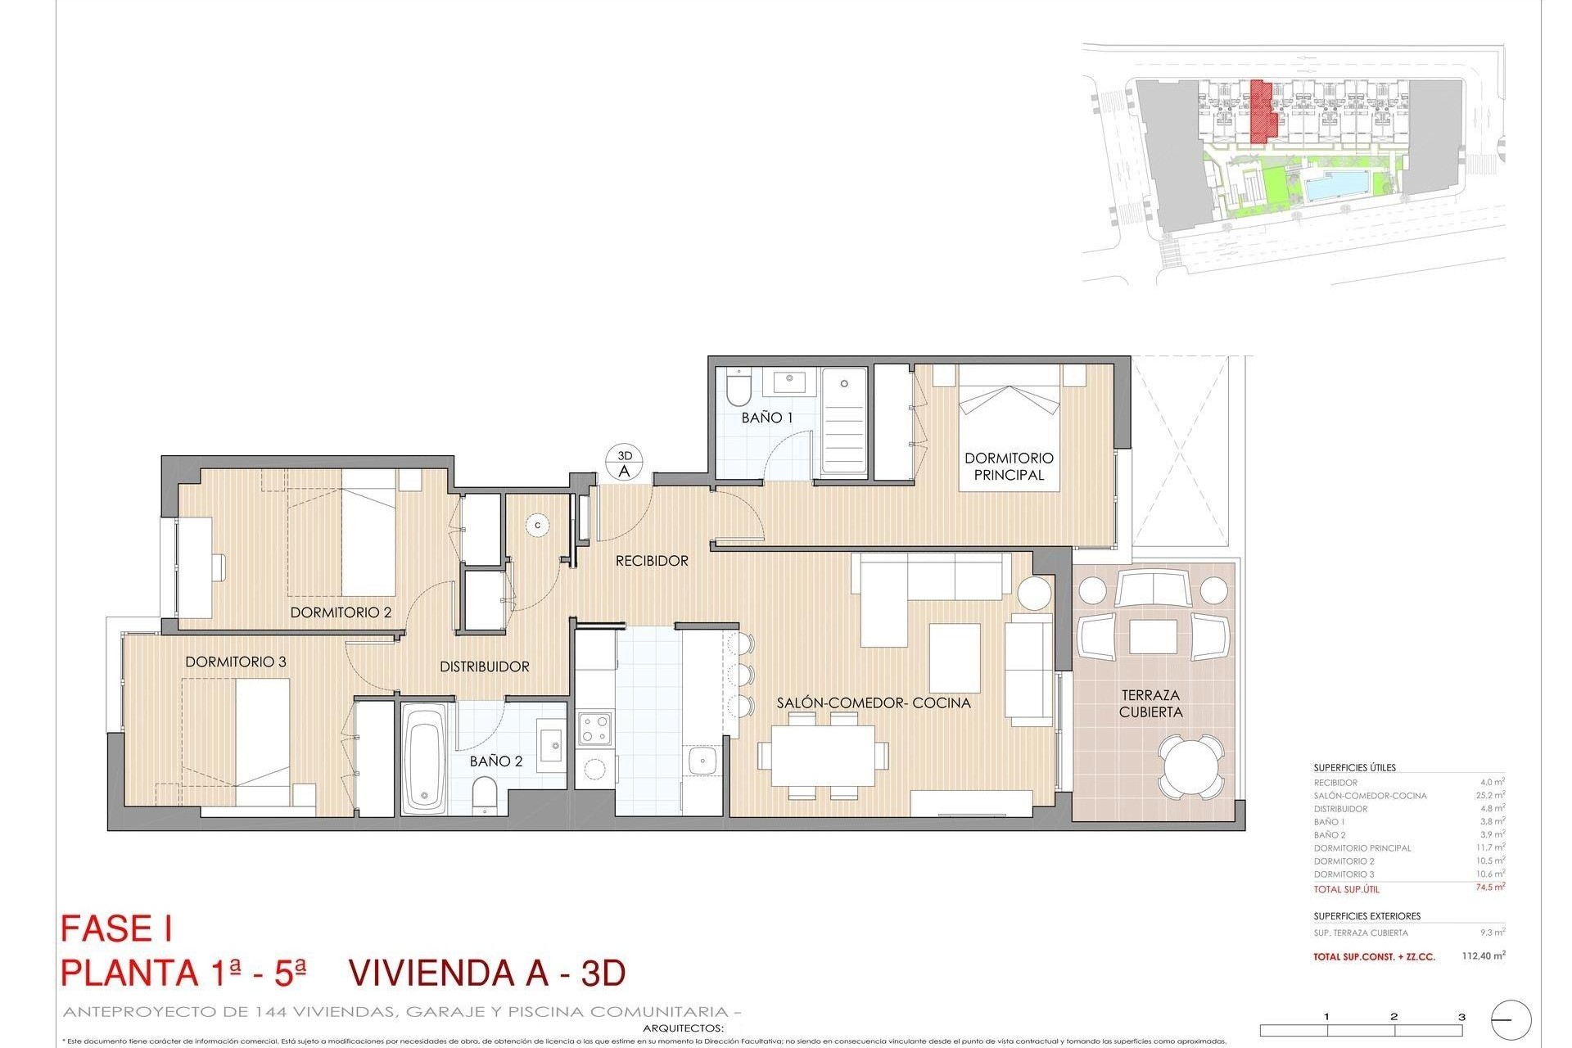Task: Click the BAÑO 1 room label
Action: pos(767,418)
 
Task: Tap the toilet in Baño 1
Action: pos(738,389)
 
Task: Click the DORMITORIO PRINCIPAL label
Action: pos(1009,467)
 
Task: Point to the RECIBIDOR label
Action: pos(652,561)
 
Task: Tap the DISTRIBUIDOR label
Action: pos(485,666)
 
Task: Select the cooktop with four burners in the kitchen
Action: pos(594,726)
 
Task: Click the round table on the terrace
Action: pos(1192,766)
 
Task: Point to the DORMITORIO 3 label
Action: pos(236,662)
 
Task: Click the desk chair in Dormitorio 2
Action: pos(218,567)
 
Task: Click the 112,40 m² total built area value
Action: pos(1484,955)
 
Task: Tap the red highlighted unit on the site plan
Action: pos(1263,111)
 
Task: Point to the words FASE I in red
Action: pos(116,930)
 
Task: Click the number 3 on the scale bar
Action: pos(1461,1017)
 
